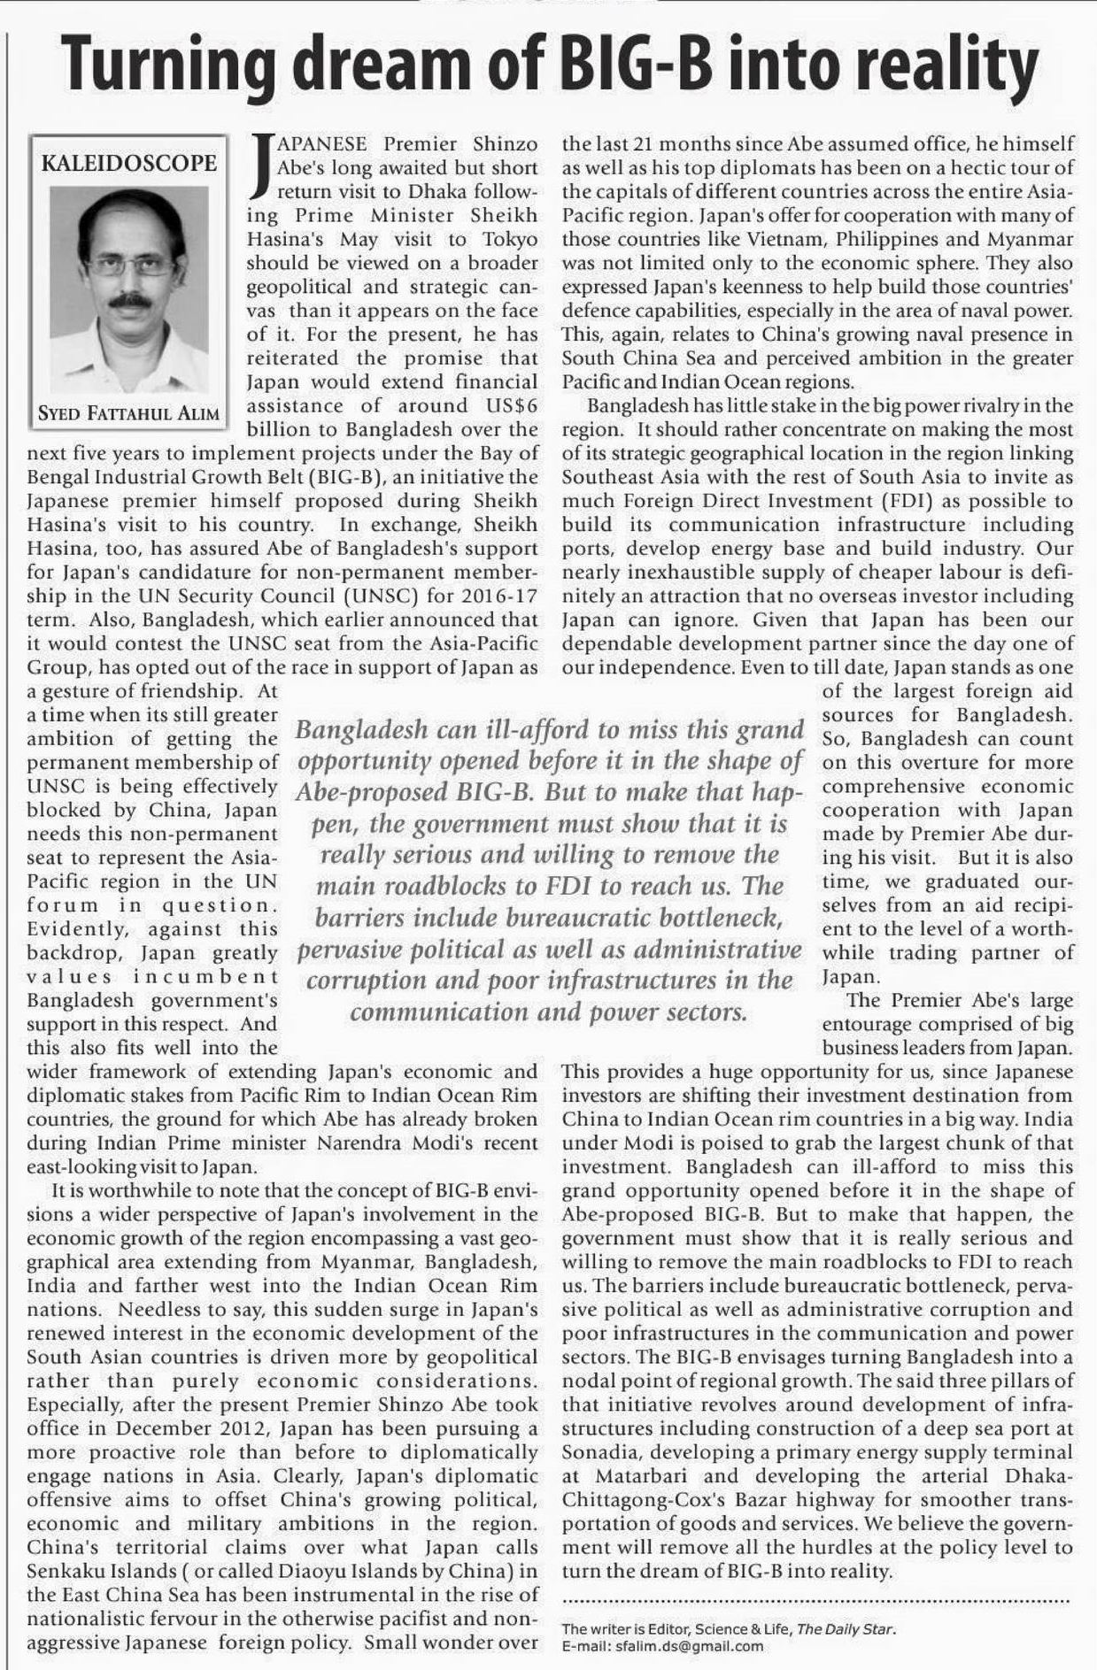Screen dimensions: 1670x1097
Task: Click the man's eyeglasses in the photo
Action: pyautogui.click(x=130, y=264)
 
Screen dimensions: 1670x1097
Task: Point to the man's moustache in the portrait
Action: pyautogui.click(x=131, y=301)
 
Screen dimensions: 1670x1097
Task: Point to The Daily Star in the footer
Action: pyautogui.click(x=846, y=1628)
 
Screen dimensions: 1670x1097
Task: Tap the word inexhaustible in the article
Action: pyautogui.click(x=680, y=573)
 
